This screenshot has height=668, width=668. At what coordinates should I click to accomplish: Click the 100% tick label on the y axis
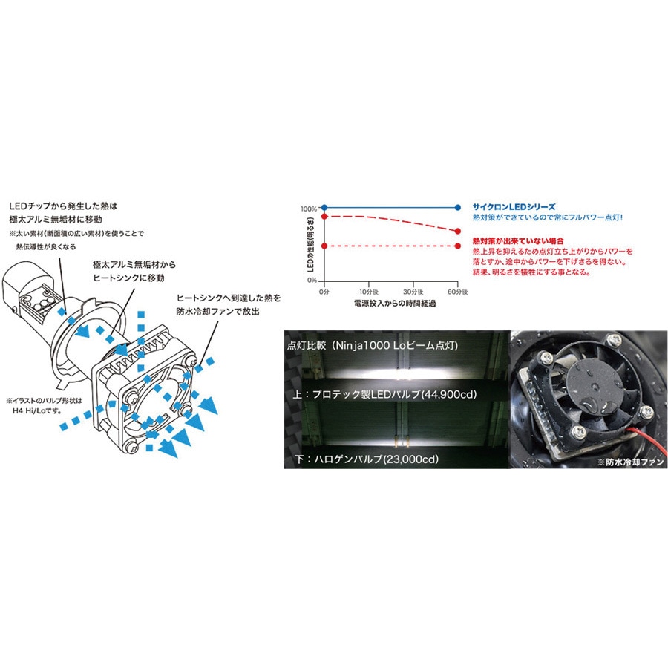coord(310,209)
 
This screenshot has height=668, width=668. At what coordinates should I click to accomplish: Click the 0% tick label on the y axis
coord(312,280)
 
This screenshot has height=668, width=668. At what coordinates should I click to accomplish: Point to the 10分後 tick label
coord(368,292)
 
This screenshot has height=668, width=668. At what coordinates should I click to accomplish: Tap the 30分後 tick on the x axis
coord(413,292)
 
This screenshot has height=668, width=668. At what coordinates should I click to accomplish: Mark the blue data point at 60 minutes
coord(458,208)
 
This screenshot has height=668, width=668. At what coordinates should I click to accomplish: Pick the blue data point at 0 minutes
coord(323,208)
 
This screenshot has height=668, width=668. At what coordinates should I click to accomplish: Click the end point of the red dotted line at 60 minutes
coord(458,246)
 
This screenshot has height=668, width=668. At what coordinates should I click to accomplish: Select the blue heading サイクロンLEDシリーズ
coord(514,206)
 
